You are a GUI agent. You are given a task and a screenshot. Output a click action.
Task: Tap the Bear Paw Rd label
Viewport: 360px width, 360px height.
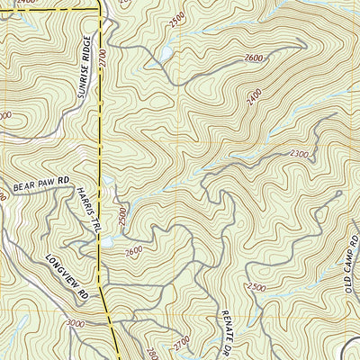(40, 184)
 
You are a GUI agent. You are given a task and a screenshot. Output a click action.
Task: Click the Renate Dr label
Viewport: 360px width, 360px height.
(229, 328)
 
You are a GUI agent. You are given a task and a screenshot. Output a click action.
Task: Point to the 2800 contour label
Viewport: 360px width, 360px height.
(150, 349)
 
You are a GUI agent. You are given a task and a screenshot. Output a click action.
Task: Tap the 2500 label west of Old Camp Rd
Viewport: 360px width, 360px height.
(256, 286)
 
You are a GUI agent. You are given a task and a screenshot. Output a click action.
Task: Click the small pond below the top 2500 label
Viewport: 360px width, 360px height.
(166, 53)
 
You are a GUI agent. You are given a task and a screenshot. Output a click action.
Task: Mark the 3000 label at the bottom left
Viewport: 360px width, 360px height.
(76, 322)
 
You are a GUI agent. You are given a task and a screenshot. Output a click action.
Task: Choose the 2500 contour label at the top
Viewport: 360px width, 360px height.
(176, 17)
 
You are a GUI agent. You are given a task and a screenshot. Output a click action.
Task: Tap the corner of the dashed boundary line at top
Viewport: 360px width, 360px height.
(98, 8)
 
